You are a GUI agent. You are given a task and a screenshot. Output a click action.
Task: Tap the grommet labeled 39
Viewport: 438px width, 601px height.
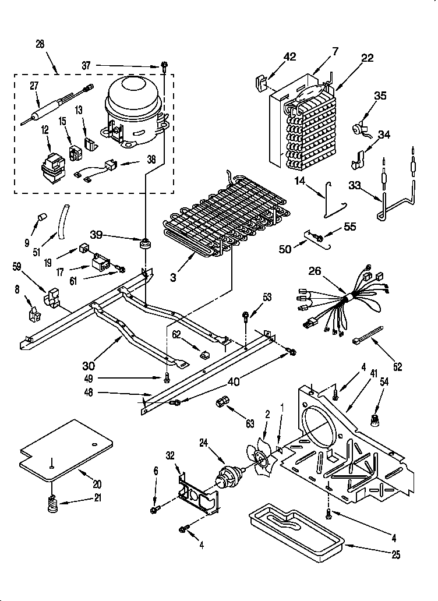[x=143, y=242]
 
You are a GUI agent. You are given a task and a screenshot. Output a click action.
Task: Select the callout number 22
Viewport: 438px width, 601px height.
[x=367, y=58]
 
